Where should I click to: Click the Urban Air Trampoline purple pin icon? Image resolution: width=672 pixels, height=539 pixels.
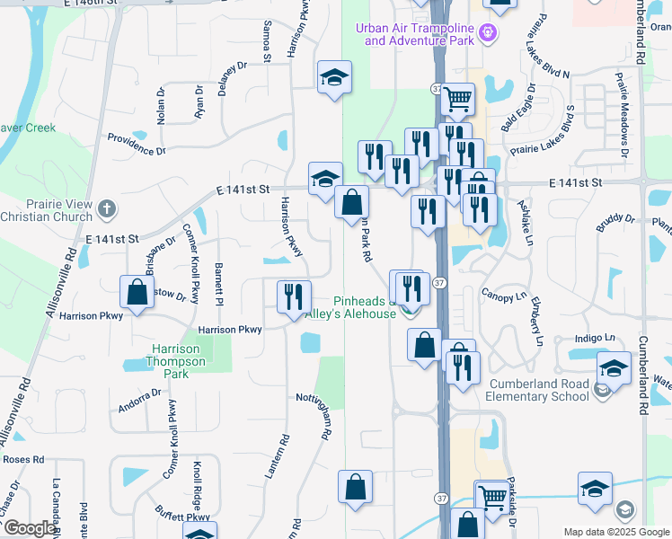[x=488, y=33]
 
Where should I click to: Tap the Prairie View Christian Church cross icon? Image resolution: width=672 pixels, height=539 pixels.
[x=106, y=209]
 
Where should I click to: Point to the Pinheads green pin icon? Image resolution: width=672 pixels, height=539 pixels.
[x=410, y=311]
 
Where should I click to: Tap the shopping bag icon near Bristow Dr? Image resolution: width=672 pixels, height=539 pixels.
[x=137, y=292]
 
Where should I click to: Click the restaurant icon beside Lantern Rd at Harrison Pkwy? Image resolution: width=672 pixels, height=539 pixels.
[x=294, y=296]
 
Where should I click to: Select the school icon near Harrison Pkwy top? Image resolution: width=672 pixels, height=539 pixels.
[x=334, y=77]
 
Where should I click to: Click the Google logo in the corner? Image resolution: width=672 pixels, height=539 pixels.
[x=31, y=528]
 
